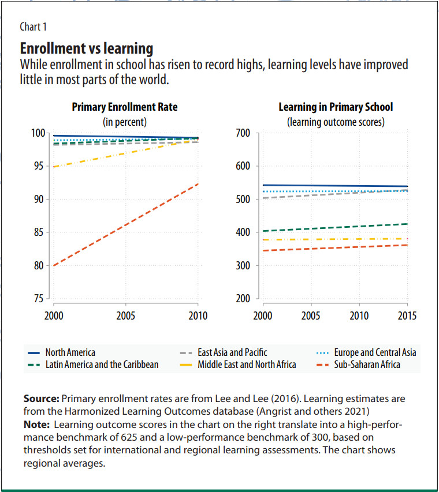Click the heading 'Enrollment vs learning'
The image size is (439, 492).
(x=87, y=48)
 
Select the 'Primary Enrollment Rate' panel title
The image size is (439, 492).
(x=125, y=107)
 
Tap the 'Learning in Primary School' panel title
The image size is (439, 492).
(x=336, y=107)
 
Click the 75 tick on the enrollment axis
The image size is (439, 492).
(x=38, y=299)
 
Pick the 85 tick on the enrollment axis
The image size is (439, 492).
(x=38, y=232)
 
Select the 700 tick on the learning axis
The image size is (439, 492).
(x=243, y=133)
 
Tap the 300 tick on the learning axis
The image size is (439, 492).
(x=243, y=266)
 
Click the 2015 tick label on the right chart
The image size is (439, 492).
(x=407, y=316)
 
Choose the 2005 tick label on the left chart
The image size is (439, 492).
(x=125, y=316)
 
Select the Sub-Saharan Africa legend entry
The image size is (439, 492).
(x=367, y=364)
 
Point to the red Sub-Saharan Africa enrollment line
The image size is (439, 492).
(x=125, y=224)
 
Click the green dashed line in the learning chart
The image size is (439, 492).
(x=335, y=227)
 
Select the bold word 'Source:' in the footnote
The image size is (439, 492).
(x=41, y=399)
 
